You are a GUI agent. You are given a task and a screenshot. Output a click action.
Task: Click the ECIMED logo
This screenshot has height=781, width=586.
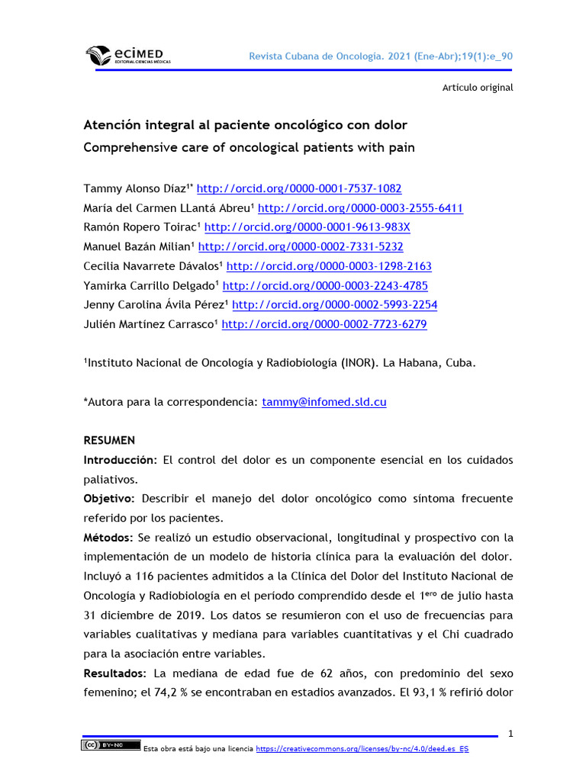pos(127,56)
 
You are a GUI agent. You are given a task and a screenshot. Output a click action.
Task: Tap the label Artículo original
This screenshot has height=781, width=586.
pos(478,88)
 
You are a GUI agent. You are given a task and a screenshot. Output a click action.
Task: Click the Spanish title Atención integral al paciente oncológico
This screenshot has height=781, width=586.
pos(245,125)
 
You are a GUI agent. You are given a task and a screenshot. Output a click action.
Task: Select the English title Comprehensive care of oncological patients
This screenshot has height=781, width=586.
pos(249,147)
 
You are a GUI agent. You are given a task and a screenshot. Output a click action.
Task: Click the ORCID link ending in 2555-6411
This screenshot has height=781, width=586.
pos(360,208)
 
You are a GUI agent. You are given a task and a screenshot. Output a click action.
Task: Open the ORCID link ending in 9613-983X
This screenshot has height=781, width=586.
pos(307,227)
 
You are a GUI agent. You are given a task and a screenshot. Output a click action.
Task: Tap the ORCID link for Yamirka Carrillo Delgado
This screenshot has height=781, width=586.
pos(325,286)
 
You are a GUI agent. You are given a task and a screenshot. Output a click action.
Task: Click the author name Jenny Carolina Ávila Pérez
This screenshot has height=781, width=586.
pos(155,305)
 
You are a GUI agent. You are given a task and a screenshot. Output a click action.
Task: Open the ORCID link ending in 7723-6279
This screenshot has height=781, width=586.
pos(324,325)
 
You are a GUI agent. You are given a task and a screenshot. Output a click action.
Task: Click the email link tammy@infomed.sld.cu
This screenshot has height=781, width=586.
pos(324,402)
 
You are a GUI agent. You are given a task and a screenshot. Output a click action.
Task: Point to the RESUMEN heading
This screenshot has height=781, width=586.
pos(109,441)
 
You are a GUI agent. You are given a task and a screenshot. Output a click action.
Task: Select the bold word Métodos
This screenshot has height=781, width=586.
pos(108,538)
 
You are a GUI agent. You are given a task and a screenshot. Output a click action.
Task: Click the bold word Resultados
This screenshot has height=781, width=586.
pos(114,673)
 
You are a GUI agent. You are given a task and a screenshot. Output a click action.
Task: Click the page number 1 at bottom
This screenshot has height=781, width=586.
pos(510,734)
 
